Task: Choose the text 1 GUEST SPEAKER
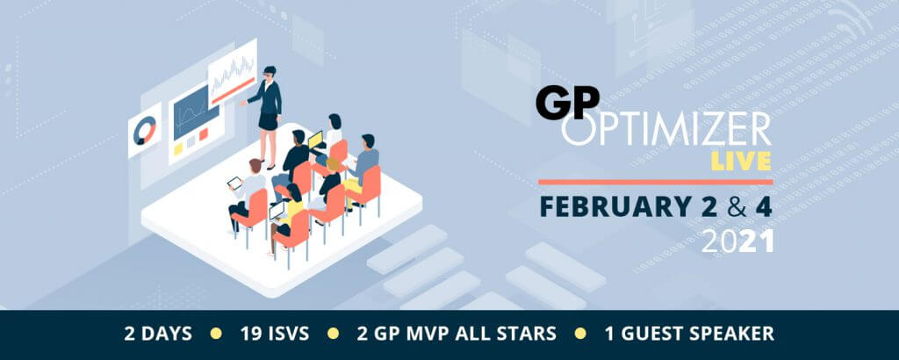[689, 334]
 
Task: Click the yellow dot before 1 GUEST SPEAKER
[581, 334]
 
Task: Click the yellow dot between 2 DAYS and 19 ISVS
[216, 334]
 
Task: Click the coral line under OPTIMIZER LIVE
[654, 182]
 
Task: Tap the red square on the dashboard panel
[204, 134]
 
